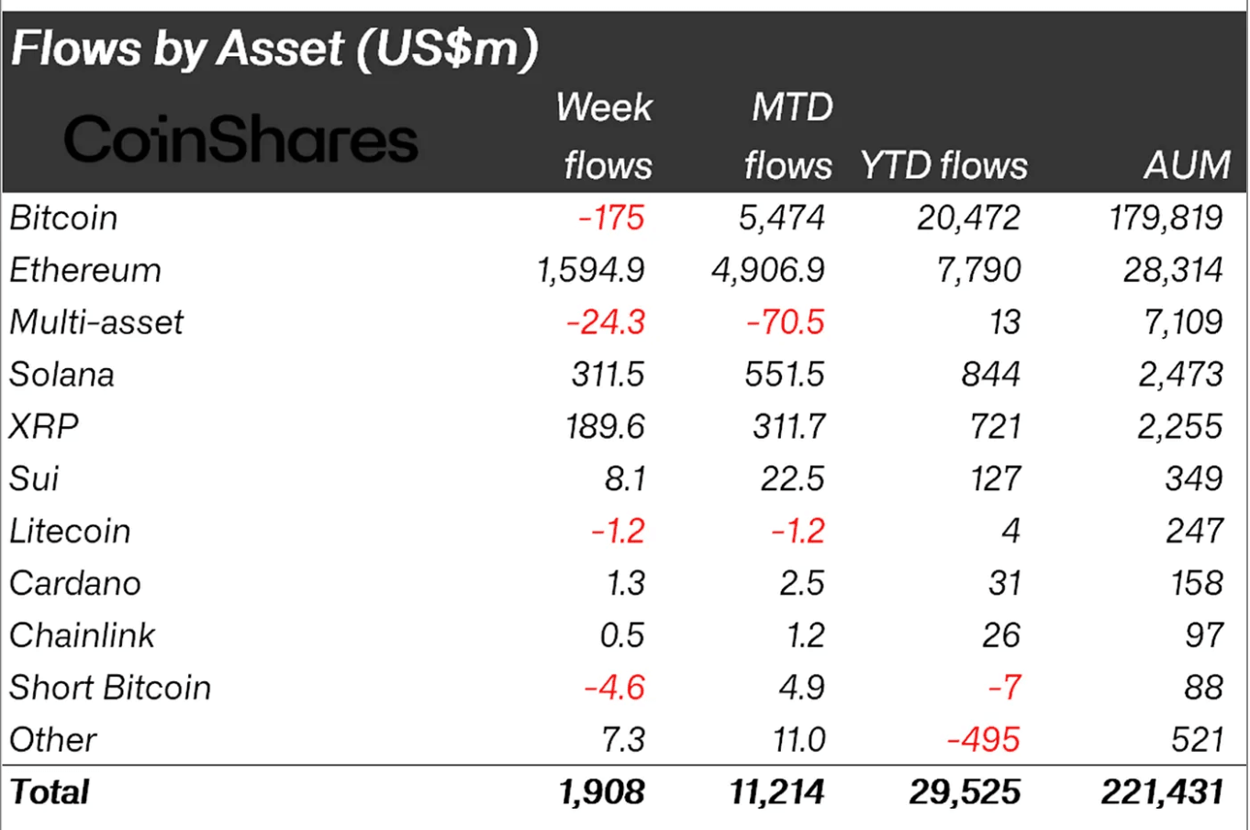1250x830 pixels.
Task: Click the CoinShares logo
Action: point(240,140)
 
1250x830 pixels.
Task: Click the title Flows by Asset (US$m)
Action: point(274,48)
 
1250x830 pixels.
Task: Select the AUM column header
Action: point(1187,165)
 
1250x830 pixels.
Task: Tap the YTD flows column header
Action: point(943,165)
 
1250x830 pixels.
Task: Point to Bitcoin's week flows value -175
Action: point(611,218)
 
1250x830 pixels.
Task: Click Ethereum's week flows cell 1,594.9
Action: point(590,270)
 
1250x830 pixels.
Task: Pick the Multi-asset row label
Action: point(96,322)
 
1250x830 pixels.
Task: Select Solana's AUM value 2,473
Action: point(1180,375)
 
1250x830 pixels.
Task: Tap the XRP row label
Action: point(44,427)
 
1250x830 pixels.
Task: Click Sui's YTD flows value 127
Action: point(995,478)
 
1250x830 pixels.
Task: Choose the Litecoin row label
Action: point(70,531)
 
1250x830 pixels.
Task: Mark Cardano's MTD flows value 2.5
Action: point(802,583)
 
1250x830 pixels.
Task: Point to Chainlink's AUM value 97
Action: point(1203,635)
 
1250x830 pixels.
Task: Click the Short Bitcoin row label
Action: point(110,688)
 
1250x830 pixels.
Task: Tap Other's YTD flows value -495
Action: point(983,739)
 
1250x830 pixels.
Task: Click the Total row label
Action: point(50,791)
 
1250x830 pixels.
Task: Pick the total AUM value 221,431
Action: point(1162,791)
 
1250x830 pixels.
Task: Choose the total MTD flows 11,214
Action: point(776,791)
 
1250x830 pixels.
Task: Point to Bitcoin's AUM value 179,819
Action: point(1166,218)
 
